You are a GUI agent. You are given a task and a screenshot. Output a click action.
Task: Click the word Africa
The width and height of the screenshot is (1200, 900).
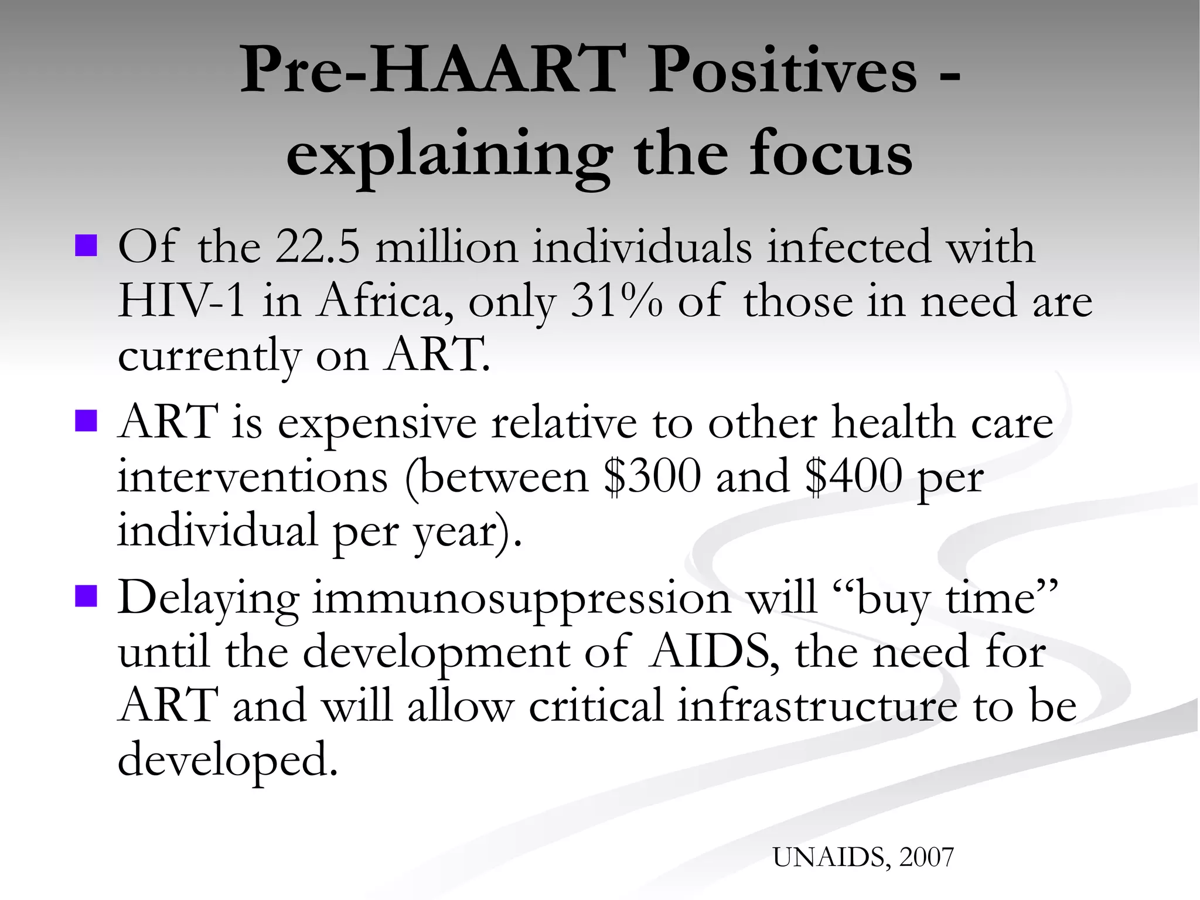[x=384, y=301]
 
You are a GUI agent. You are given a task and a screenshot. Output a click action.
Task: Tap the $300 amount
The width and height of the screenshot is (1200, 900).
[x=652, y=476]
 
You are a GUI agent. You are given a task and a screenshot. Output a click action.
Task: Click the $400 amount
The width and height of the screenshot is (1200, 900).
[x=853, y=476]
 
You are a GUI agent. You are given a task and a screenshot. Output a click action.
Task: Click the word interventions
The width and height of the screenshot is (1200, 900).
[x=253, y=476]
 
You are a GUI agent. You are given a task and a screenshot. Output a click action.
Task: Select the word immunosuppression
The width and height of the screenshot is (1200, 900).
[x=521, y=599]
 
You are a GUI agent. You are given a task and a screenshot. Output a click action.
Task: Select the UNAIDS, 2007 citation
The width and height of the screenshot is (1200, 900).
[x=863, y=857]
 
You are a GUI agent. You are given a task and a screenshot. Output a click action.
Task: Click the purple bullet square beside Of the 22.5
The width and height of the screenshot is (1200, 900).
[x=86, y=246]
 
